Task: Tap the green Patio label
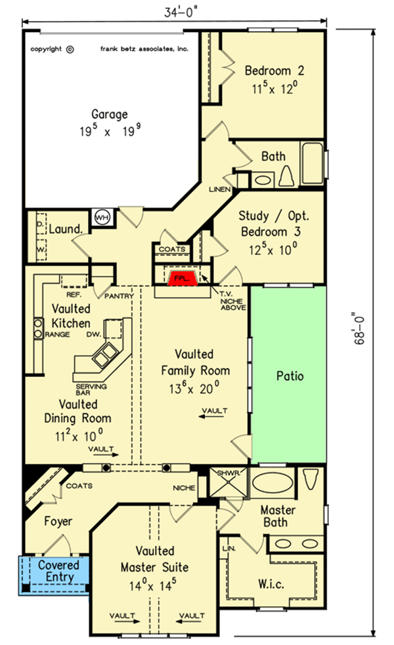(x=289, y=376)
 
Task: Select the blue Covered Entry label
(x=58, y=570)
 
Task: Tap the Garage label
(x=109, y=114)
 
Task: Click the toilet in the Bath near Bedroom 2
(x=286, y=176)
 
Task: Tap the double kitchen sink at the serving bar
(x=105, y=357)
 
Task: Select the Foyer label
(x=58, y=522)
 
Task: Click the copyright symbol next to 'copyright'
(x=70, y=49)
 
